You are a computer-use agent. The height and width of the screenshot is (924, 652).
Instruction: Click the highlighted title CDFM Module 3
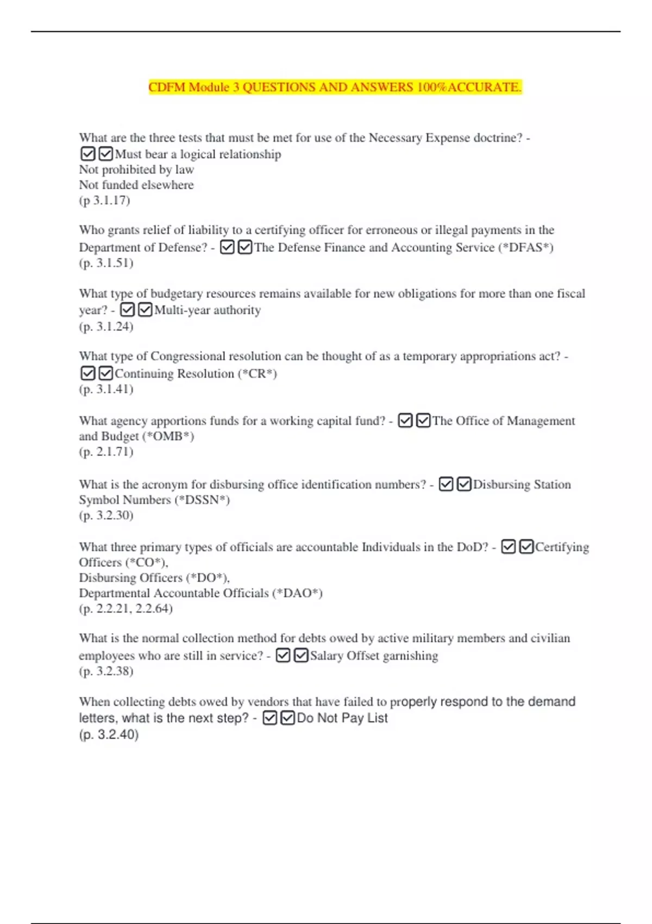335,88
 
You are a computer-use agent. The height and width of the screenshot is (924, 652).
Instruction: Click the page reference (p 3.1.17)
104,201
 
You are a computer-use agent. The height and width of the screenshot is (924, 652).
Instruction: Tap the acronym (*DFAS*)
525,248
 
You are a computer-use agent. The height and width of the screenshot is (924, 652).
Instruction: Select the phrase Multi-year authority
208,310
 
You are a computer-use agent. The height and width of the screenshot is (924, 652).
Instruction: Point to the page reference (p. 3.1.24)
106,327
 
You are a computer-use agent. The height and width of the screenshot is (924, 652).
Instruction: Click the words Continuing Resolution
174,374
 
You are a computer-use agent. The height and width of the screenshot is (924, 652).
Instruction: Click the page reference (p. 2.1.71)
106,452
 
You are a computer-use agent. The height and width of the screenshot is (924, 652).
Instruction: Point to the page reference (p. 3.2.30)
106,515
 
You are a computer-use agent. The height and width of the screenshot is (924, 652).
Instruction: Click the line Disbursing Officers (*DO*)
154,578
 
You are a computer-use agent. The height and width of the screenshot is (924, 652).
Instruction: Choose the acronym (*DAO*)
297,593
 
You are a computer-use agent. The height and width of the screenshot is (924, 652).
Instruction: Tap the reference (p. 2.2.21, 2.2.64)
126,609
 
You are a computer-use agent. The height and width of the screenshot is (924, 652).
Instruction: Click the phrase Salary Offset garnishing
374,656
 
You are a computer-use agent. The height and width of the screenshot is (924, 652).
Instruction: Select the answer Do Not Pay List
342,719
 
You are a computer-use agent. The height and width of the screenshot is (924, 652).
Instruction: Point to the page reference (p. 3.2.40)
109,735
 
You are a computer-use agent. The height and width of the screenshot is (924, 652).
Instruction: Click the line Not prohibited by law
136,170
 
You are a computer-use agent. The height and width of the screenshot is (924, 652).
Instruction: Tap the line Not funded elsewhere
136,185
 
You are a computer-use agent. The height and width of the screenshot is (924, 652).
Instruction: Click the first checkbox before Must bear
87,154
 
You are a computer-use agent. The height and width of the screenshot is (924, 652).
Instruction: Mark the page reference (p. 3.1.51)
106,263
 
